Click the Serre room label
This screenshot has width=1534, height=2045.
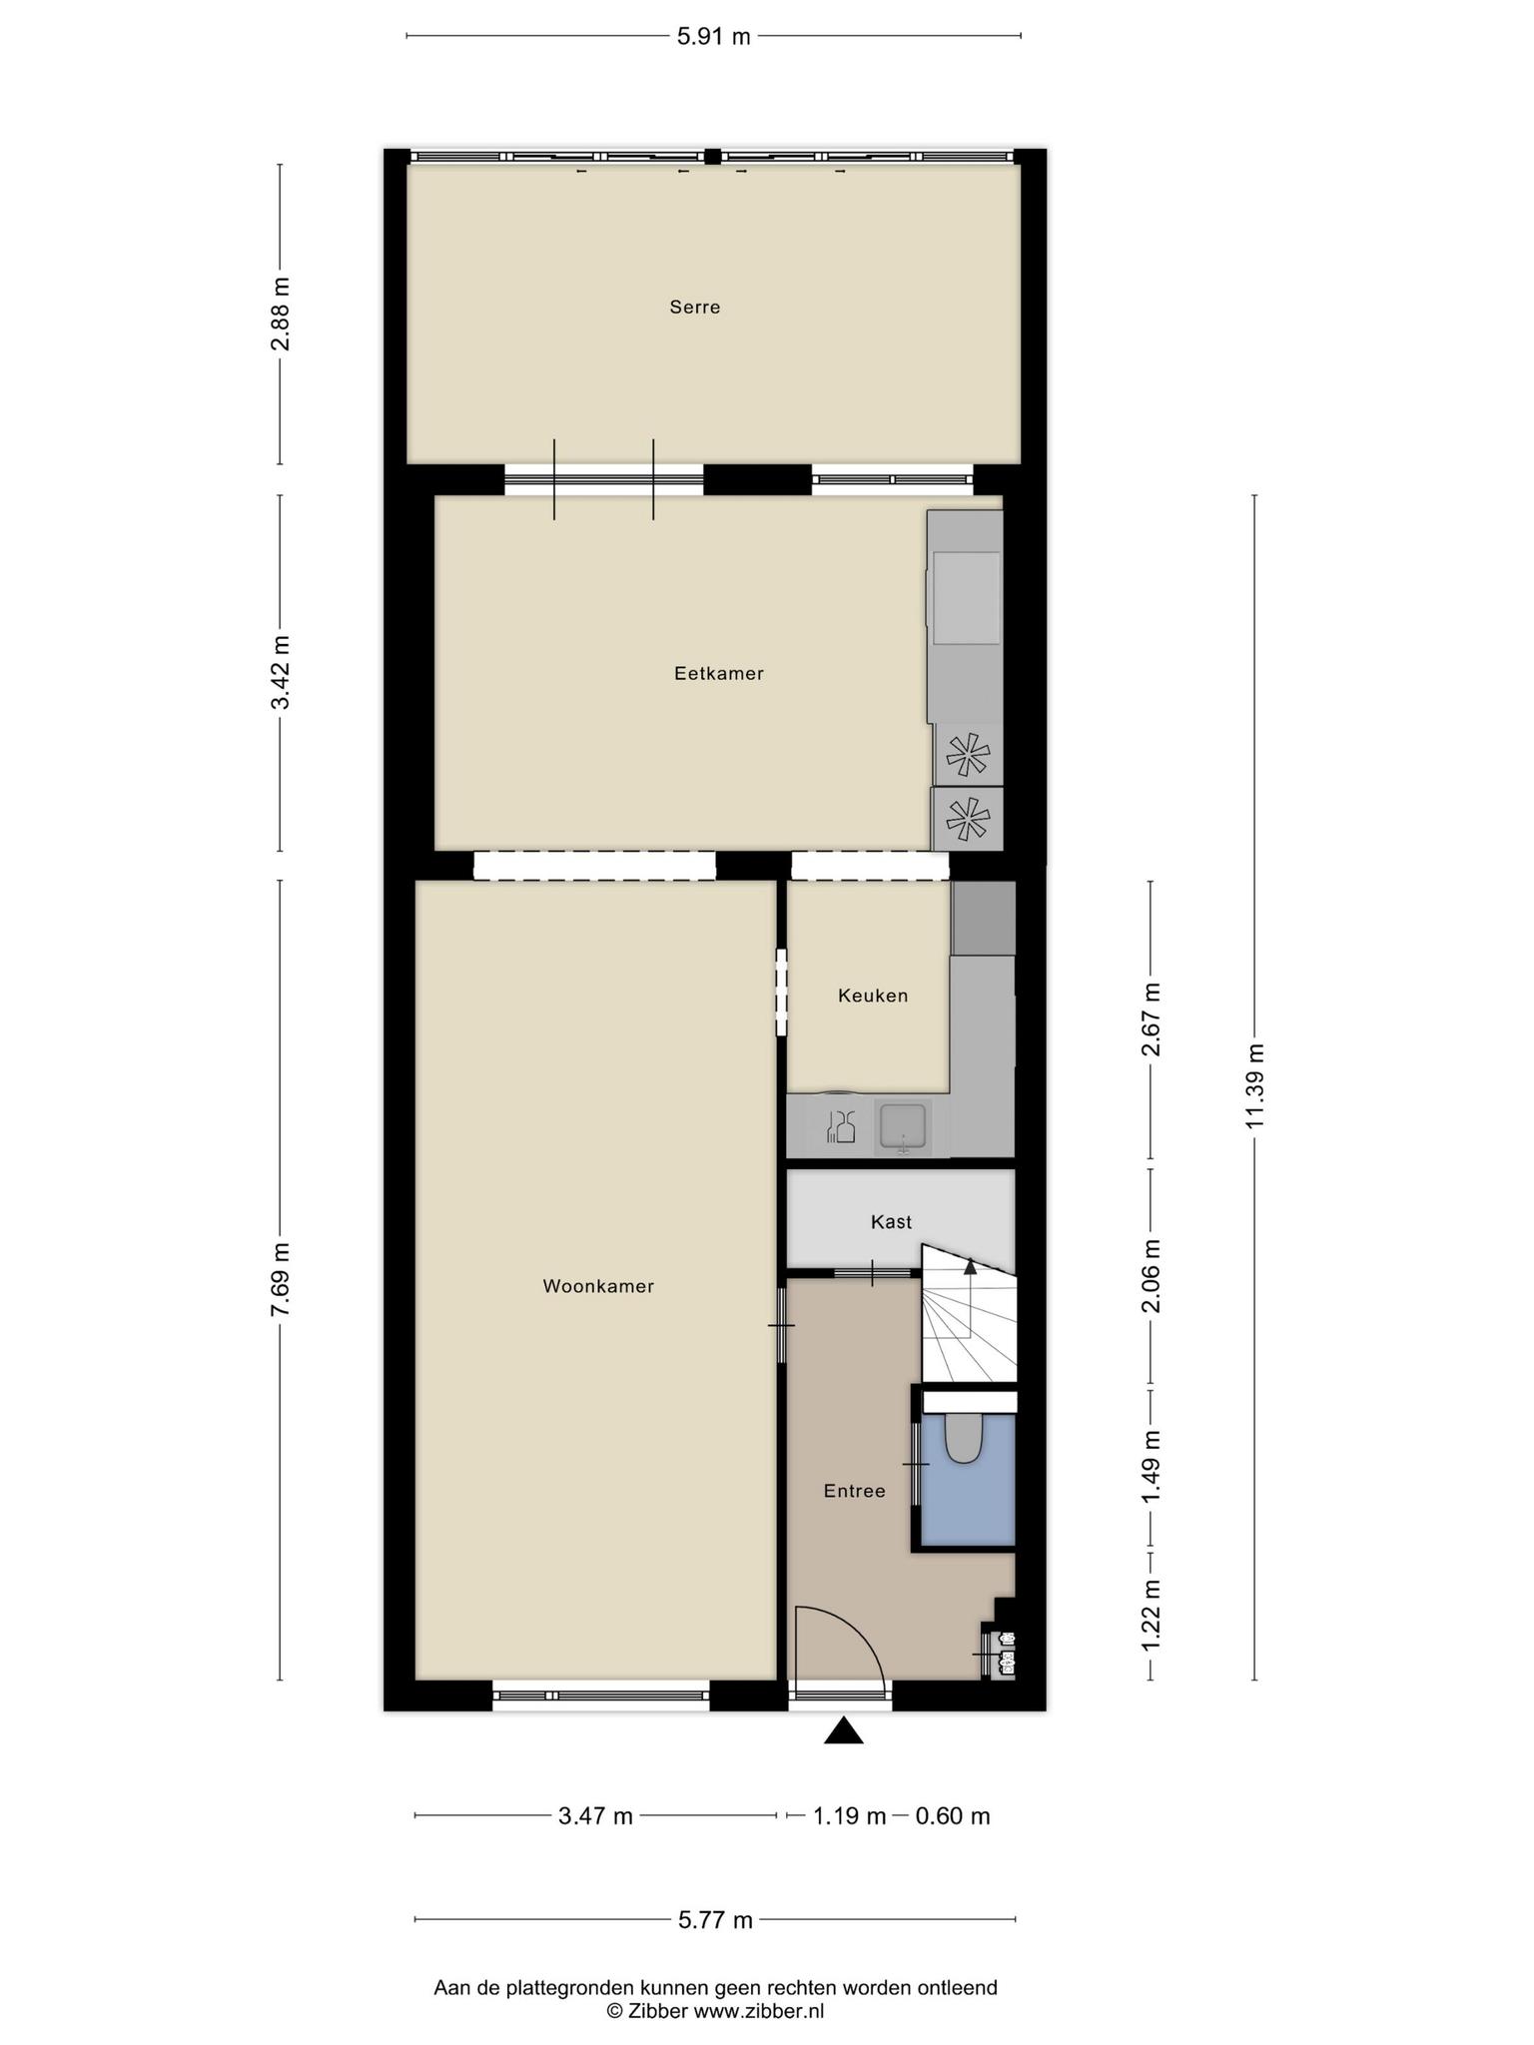(x=695, y=308)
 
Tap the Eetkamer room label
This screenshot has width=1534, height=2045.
(x=719, y=674)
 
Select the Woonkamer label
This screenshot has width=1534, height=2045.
(x=598, y=1287)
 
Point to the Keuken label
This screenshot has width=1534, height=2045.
(x=873, y=996)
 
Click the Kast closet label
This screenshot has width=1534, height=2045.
(x=892, y=1222)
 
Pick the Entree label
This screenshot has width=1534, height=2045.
(x=855, y=1492)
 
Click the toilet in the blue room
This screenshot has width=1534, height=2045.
(x=964, y=1439)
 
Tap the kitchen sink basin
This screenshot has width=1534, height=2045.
(x=904, y=1127)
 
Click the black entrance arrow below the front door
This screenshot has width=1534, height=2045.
(x=844, y=1730)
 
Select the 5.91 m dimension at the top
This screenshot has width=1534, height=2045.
(x=713, y=37)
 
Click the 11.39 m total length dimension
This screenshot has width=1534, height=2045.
(x=1254, y=1086)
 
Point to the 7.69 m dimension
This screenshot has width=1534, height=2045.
(x=280, y=1280)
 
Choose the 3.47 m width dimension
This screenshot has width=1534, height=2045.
(x=596, y=1816)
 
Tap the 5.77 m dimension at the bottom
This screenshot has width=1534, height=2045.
(x=715, y=1919)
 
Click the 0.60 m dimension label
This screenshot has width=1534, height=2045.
(x=953, y=1816)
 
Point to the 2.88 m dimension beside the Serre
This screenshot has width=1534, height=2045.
(x=280, y=314)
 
